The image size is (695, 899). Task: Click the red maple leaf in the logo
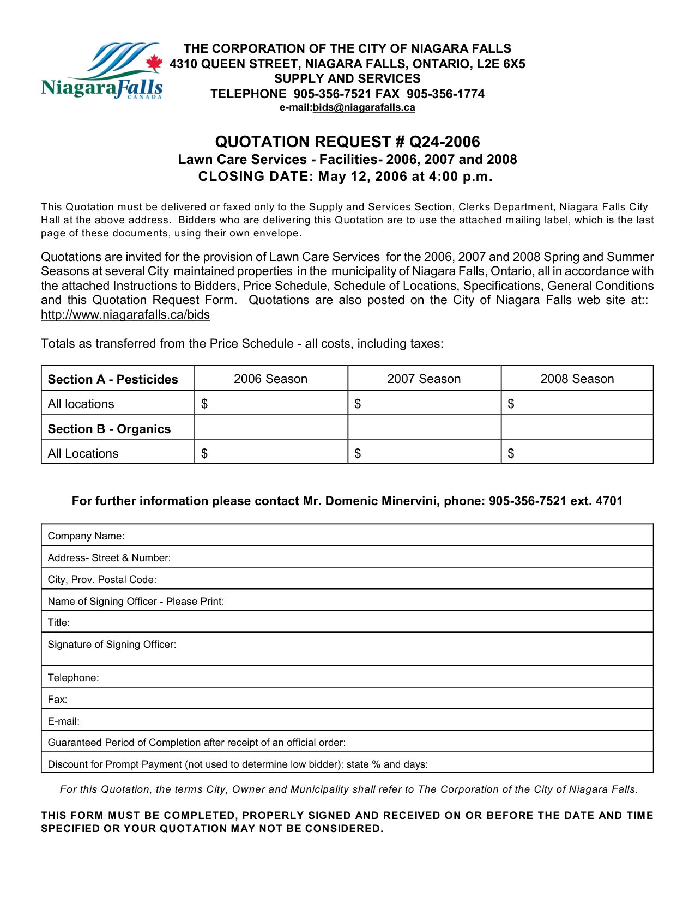pos(154,63)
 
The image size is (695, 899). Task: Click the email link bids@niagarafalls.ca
pos(364,108)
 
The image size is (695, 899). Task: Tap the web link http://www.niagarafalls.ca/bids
pos(125,315)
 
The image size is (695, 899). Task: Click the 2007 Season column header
pos(424,379)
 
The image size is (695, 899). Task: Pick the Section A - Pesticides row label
pos(113,380)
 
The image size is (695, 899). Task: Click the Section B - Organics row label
pos(109,429)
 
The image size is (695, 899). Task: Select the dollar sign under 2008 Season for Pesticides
pos(511,404)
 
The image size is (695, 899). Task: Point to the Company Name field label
pos(86,536)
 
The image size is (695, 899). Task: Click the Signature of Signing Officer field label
pos(112,645)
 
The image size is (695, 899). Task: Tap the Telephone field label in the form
pos(73,678)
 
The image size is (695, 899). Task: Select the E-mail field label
pos(64,721)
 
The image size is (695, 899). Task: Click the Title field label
pos(59,623)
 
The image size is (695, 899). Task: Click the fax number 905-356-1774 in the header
pos(445,94)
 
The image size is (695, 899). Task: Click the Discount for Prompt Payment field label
pos(238,764)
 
